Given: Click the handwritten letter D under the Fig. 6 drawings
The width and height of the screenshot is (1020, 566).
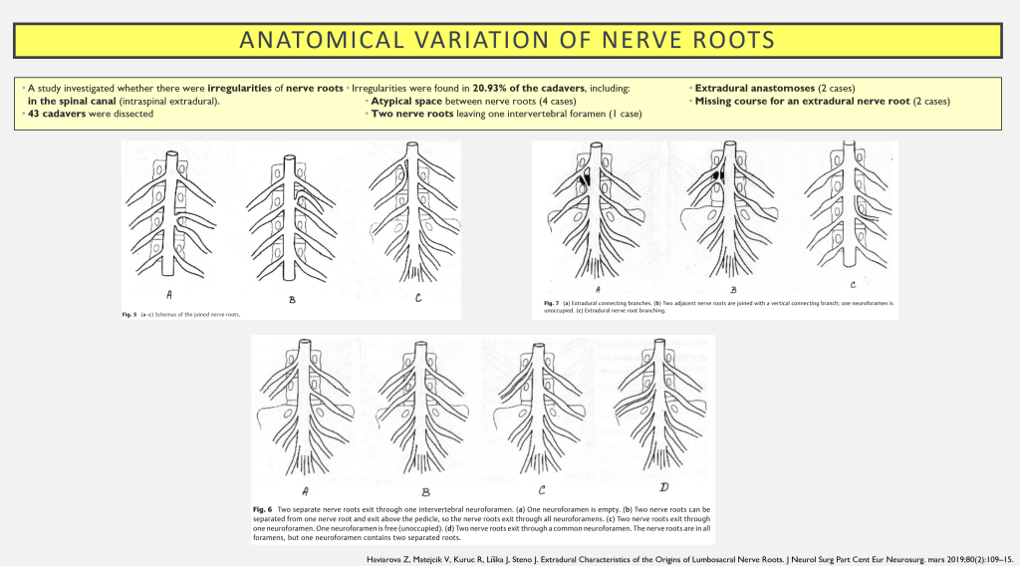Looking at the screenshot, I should tap(663, 487).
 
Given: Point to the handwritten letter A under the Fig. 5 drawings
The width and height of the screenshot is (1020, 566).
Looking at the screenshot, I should tap(169, 294).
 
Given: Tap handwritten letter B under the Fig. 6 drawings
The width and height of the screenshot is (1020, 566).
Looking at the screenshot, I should tap(425, 491).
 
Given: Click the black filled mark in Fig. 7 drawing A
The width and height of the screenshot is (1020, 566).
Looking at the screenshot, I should tap(581, 181).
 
